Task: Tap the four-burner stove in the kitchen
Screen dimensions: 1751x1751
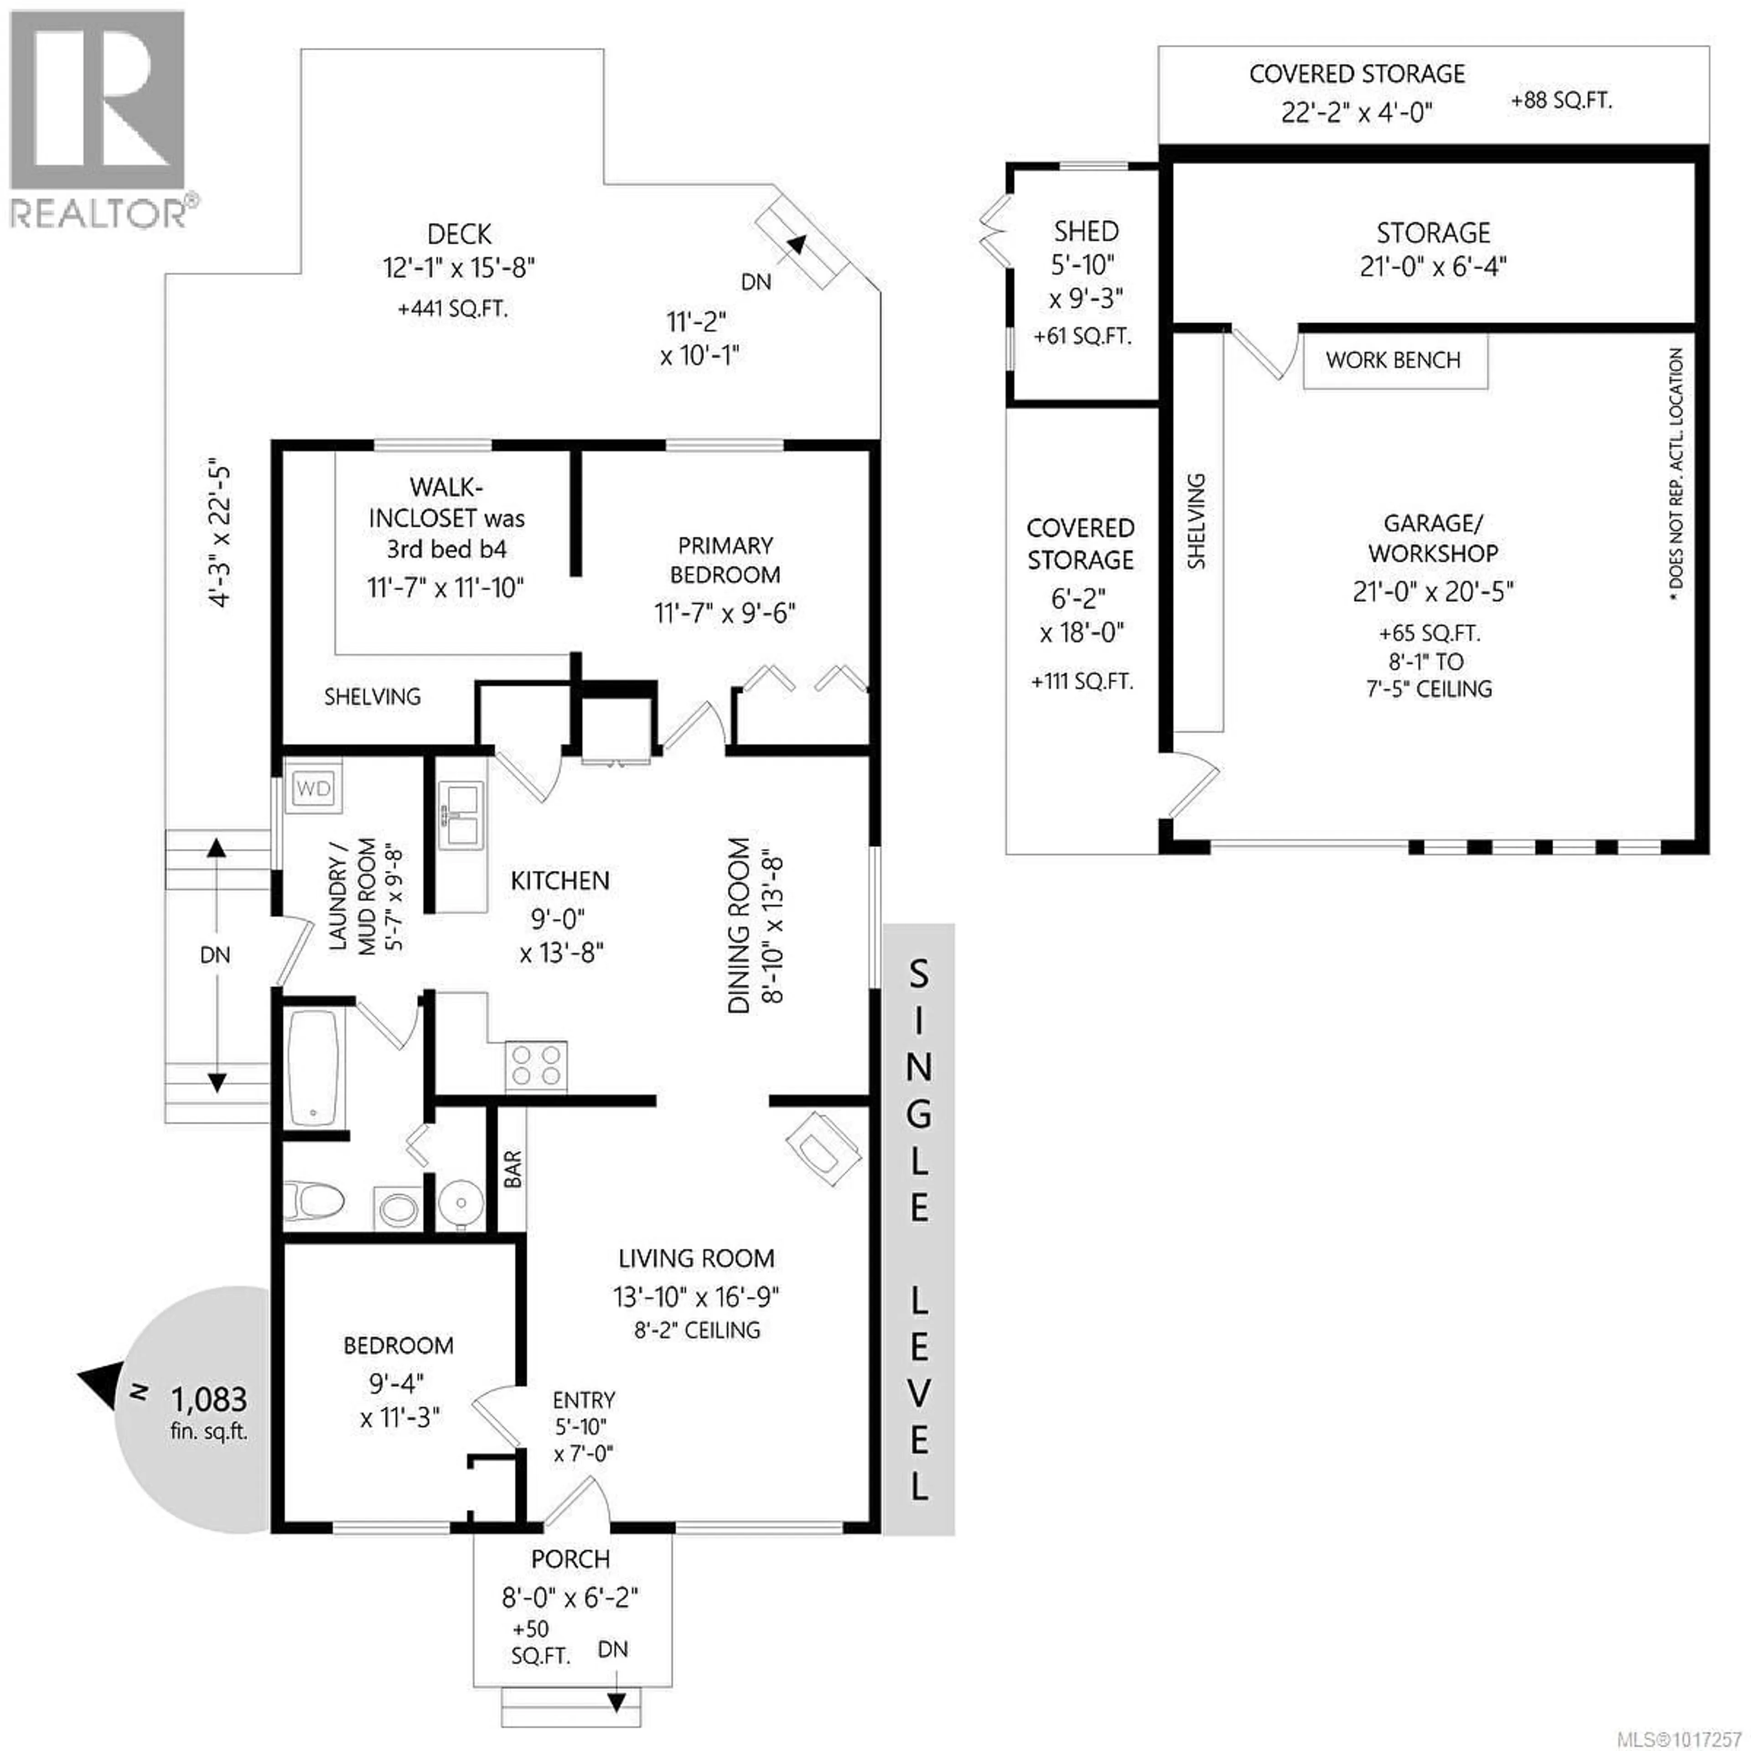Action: click(x=536, y=1066)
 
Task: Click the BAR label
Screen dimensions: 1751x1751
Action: click(x=513, y=1169)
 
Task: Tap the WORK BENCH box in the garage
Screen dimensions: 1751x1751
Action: click(x=1394, y=361)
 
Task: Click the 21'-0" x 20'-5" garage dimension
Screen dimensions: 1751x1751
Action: click(x=1433, y=591)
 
